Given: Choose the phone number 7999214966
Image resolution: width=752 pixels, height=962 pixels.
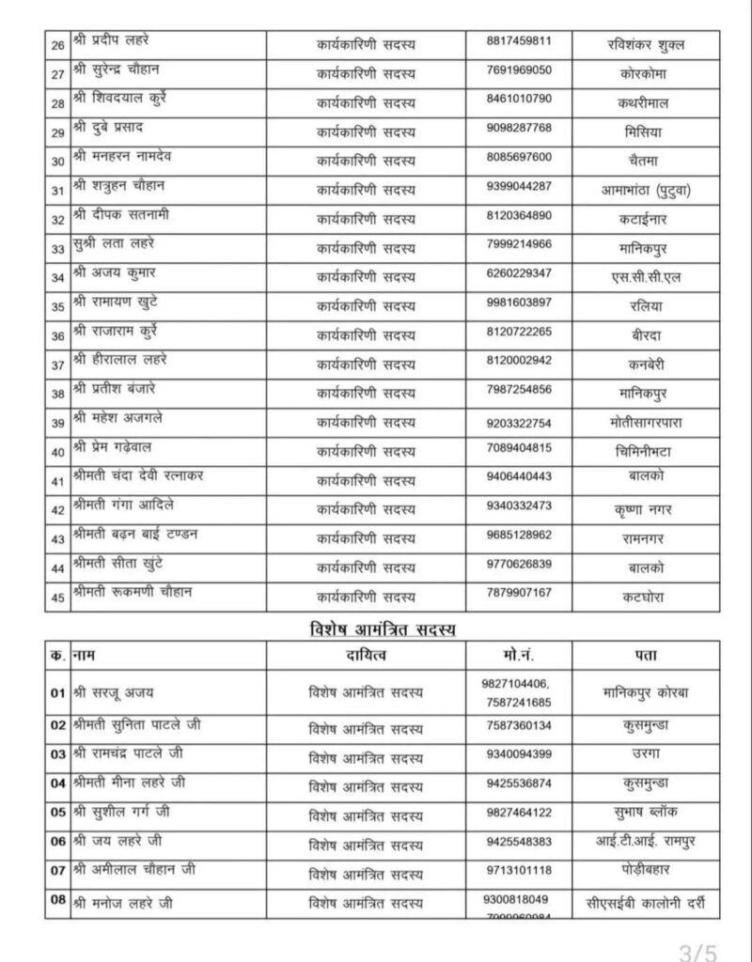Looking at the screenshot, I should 520,245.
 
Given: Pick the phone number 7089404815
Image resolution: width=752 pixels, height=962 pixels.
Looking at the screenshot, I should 520,448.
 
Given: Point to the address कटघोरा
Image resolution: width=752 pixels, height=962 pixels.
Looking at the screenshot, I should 648,595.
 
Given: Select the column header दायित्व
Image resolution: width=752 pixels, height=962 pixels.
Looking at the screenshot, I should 367,654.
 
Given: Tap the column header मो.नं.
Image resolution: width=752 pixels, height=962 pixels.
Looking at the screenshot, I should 519,654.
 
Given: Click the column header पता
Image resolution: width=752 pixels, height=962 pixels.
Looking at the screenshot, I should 648,654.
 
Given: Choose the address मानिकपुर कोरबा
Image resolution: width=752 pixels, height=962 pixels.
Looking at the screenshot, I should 648,693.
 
